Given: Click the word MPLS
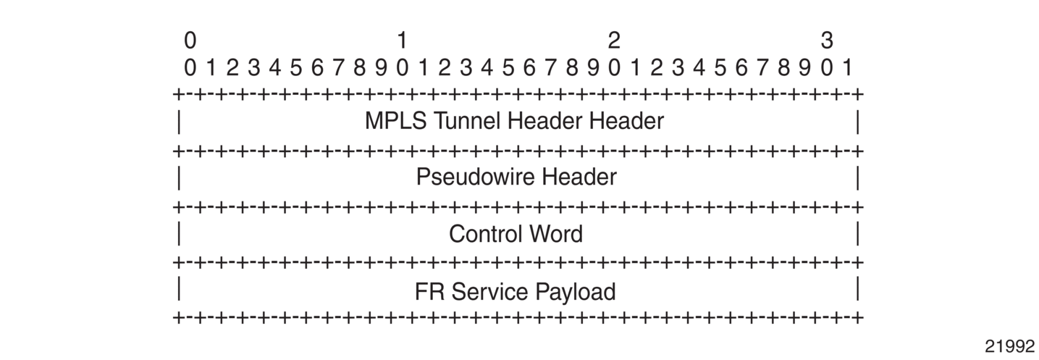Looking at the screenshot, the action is coord(395,121).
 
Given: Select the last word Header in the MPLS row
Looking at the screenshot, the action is coord(626,121).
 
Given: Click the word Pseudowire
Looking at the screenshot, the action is coord(475,177).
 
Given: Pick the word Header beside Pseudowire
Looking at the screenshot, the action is coord(579,177).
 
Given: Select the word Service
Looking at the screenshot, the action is coord(489,292).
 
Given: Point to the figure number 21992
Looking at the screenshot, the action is coord(1010,346).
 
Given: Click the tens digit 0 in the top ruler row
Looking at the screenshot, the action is coord(190,41).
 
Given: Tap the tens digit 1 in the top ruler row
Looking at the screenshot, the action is coord(402,41).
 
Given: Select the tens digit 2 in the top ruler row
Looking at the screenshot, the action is coord(614,41).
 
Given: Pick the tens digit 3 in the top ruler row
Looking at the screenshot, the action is coord(827,41).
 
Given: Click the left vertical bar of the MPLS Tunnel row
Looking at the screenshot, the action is coord(179,122).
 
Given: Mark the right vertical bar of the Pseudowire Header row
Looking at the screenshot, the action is coord(858,179).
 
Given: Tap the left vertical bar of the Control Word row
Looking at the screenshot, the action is coord(179,233).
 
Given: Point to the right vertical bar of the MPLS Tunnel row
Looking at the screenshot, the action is coord(858,122).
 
